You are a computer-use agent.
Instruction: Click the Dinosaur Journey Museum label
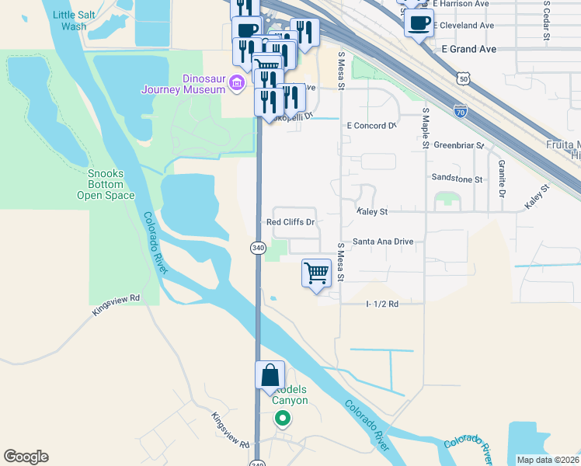tap(183, 83)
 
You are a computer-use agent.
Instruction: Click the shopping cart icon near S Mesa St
tap(316, 274)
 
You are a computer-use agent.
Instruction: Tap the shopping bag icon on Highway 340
tap(270, 375)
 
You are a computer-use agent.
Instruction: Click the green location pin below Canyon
tap(283, 419)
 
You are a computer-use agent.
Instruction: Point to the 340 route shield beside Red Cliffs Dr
tap(258, 248)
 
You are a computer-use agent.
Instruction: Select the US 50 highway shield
tap(463, 79)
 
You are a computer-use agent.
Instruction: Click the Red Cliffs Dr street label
tap(290, 222)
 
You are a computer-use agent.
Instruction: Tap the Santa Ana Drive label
tap(383, 242)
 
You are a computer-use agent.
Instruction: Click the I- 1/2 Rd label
tap(382, 304)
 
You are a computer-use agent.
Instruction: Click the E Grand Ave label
tap(467, 48)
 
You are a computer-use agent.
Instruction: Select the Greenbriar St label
tap(458, 145)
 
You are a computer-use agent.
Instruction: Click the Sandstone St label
tap(457, 179)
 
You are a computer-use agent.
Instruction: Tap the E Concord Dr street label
tap(371, 125)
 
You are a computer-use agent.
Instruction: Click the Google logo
tap(26, 457)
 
